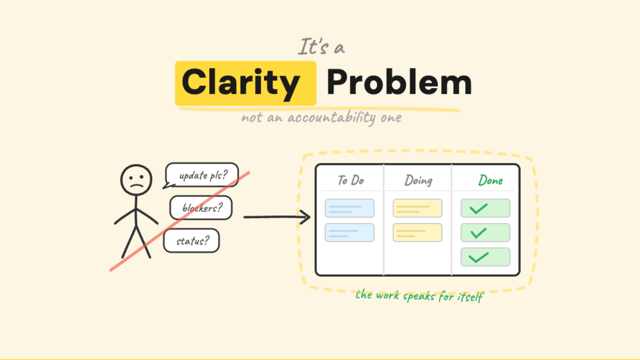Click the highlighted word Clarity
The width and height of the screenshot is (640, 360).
241,82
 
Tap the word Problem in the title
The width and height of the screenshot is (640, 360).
399,82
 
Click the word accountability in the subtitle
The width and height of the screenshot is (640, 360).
331,118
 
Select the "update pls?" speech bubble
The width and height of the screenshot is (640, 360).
202,175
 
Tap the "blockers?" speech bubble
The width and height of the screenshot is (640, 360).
201,208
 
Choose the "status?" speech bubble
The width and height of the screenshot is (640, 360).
192,241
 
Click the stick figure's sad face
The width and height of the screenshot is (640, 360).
136,180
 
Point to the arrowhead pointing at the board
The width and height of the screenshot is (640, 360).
306,217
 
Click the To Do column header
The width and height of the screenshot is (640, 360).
350,180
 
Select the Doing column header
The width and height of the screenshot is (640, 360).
418,180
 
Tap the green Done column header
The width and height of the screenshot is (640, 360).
490,180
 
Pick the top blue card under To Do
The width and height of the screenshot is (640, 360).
349,208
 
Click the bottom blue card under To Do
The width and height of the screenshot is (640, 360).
349,232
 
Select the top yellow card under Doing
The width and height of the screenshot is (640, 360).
417,208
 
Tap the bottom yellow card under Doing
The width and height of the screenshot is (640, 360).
417,232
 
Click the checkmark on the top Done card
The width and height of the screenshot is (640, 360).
478,209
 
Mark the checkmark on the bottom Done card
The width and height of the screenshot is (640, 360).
478,257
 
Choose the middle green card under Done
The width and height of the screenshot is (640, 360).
485,232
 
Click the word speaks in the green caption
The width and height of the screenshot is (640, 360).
419,297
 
